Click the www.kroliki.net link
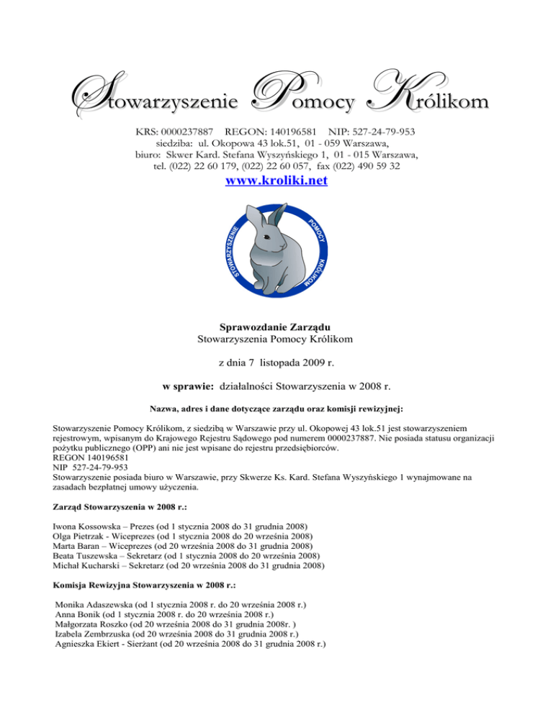pyautogui.click(x=276, y=183)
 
